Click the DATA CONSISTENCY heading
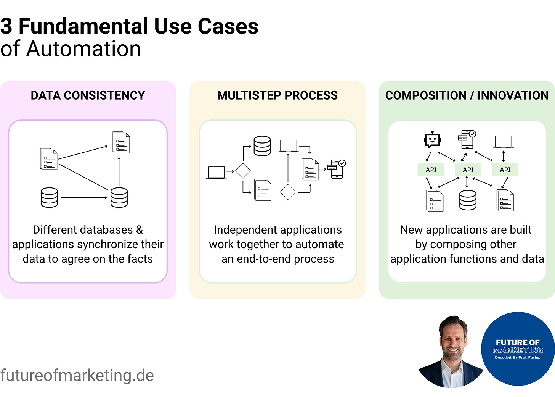(88, 95)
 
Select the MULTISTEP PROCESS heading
(277, 95)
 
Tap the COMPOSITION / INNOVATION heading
(467, 95)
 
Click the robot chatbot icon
(432, 140)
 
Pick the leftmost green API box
(431, 169)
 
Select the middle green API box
(468, 169)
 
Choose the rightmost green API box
(505, 169)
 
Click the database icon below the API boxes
(468, 200)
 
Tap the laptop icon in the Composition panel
(504, 142)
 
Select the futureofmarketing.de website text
(77, 376)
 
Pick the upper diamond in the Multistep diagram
(243, 171)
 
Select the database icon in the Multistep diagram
(262, 146)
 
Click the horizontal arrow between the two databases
(84, 198)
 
